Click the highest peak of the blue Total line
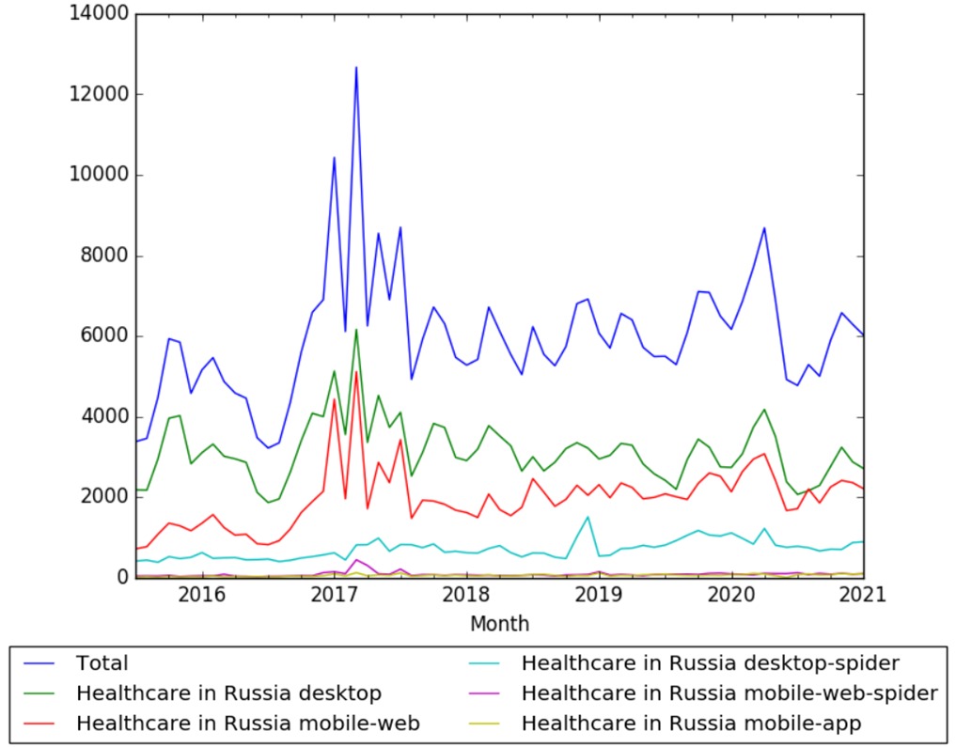pyautogui.click(x=356, y=68)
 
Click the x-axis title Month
pyautogui.click(x=499, y=624)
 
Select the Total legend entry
pyautogui.click(x=102, y=664)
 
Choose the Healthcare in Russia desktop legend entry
pyautogui.click(x=228, y=694)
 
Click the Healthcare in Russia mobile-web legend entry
pyautogui.click(x=248, y=724)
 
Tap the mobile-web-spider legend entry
pyautogui.click(x=729, y=694)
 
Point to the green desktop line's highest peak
pyautogui.click(x=356, y=330)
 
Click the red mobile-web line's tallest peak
pyautogui.click(x=356, y=372)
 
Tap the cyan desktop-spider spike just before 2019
pyautogui.click(x=588, y=517)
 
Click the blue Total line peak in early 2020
pyautogui.click(x=764, y=228)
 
